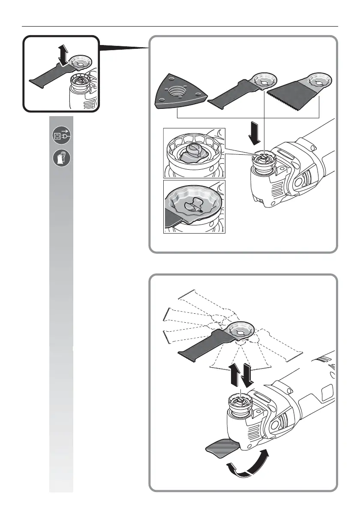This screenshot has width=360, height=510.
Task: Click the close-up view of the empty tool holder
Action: click(195, 153)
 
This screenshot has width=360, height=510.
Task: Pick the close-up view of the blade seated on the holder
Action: click(195, 207)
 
